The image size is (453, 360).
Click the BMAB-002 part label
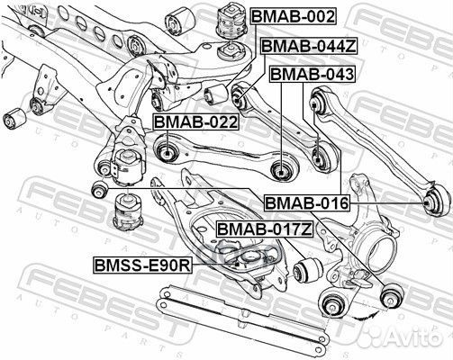coord(293,17)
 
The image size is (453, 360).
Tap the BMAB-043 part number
coord(312,74)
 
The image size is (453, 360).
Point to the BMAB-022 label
coord(195,122)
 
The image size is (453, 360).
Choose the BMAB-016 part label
coord(306,204)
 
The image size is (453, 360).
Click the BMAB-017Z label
coord(264,230)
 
